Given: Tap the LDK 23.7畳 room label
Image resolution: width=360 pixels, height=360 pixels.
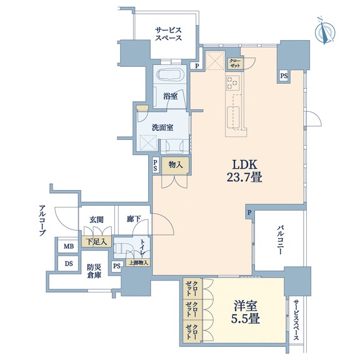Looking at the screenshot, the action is (x=244, y=171).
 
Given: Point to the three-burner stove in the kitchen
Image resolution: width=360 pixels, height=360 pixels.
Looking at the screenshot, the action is (x=232, y=82).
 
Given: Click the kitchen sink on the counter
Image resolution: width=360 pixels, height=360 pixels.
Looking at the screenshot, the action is (x=233, y=117).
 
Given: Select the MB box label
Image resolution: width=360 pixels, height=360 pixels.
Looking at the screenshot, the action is (x=69, y=247).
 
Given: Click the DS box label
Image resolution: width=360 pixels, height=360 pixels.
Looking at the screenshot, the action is (x=68, y=264).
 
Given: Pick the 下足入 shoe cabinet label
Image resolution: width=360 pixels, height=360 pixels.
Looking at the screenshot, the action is (x=96, y=242).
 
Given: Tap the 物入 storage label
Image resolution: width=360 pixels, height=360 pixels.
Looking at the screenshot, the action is (x=176, y=165).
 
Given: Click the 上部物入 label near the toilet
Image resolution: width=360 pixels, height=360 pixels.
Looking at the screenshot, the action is (x=138, y=263).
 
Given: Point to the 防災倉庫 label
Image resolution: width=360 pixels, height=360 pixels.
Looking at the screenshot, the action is (x=94, y=271).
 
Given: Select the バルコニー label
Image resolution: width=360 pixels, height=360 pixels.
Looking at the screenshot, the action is (x=279, y=240).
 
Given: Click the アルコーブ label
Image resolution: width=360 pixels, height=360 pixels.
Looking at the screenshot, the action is (x=42, y=221).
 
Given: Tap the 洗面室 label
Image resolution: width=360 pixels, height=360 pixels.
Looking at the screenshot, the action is (x=162, y=127).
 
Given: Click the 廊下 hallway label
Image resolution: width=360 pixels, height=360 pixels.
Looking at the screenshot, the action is (x=134, y=219).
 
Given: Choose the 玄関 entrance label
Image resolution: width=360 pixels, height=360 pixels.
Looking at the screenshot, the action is (x=96, y=220).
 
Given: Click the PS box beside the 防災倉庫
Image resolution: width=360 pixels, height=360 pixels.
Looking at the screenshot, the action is (x=117, y=266).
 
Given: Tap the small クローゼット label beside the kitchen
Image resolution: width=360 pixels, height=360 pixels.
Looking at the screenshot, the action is (x=234, y=63).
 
